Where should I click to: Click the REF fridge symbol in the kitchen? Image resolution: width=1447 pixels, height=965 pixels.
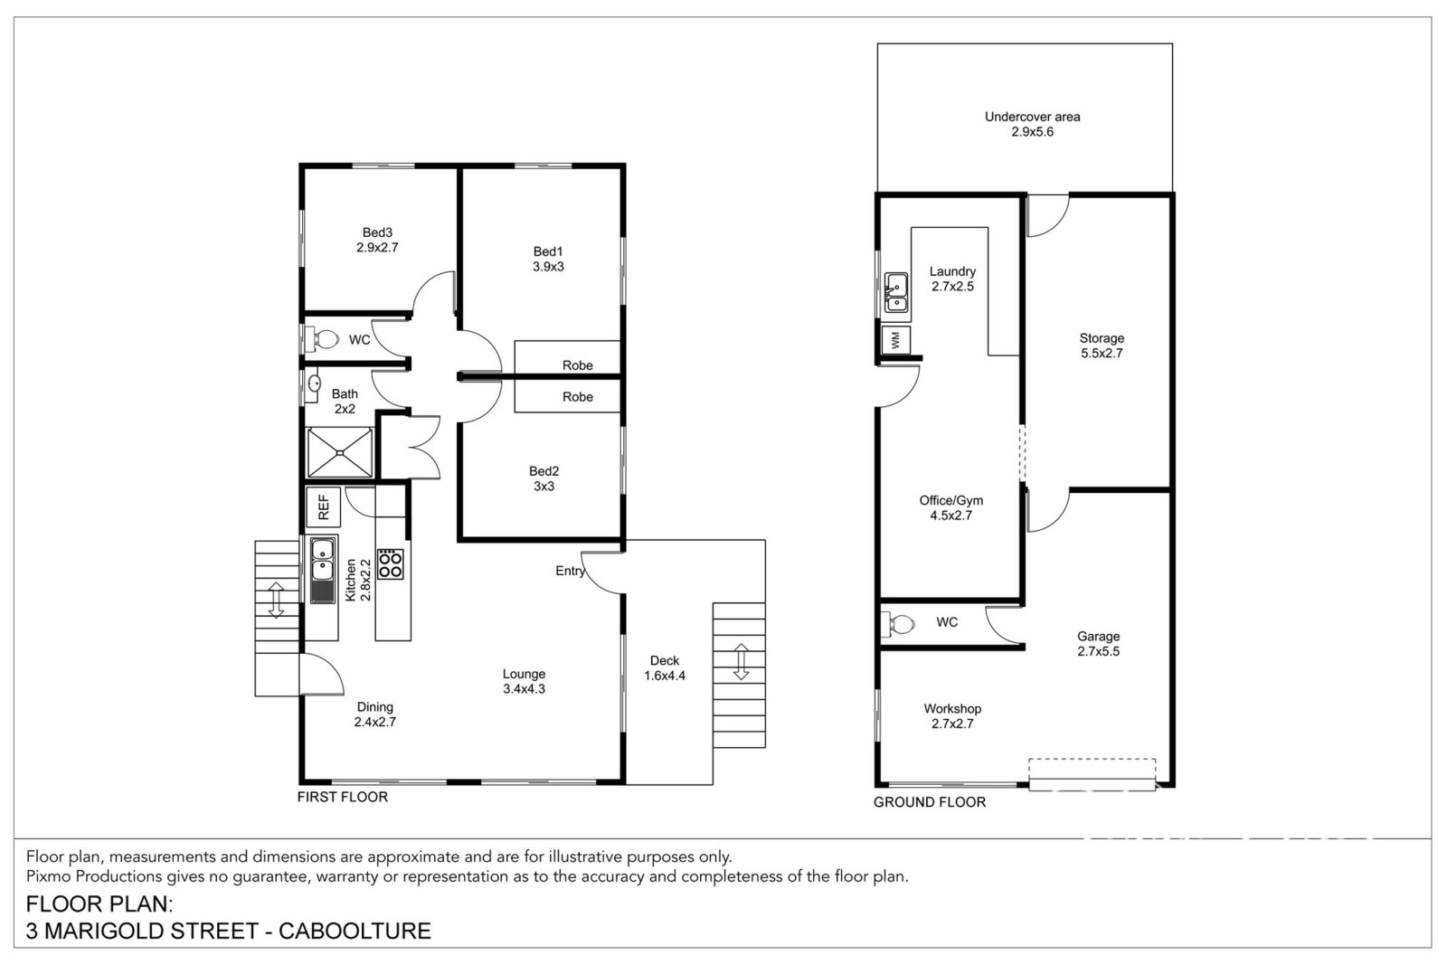323,506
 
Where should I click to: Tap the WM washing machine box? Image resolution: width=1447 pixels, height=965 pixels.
896,340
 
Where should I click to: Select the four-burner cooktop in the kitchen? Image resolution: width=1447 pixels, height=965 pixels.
390,563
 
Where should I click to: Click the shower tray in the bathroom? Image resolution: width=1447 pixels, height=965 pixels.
340,453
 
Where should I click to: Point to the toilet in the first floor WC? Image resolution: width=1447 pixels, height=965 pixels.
322,338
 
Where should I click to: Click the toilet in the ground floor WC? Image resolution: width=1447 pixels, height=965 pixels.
899,624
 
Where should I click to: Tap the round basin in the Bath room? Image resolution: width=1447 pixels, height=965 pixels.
313,385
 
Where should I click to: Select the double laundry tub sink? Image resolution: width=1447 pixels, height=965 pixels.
896,293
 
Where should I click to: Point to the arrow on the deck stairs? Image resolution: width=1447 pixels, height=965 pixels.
741,661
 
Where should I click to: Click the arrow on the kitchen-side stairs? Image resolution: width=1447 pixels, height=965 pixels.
276,600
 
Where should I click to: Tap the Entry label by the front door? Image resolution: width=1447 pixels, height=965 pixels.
570,571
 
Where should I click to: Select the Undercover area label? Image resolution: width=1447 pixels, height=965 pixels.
1032,117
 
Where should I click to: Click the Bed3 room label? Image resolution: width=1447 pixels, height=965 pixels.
377,232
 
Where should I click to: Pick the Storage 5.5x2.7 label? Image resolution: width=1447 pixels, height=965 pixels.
1102,345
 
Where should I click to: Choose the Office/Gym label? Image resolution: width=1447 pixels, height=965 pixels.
950,500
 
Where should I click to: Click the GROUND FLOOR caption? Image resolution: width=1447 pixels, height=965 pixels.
930,802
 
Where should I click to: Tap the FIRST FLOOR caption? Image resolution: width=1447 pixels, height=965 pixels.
343,797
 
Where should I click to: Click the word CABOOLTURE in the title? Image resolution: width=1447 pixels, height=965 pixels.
355,931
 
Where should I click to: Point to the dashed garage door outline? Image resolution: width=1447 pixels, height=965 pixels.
1092,774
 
